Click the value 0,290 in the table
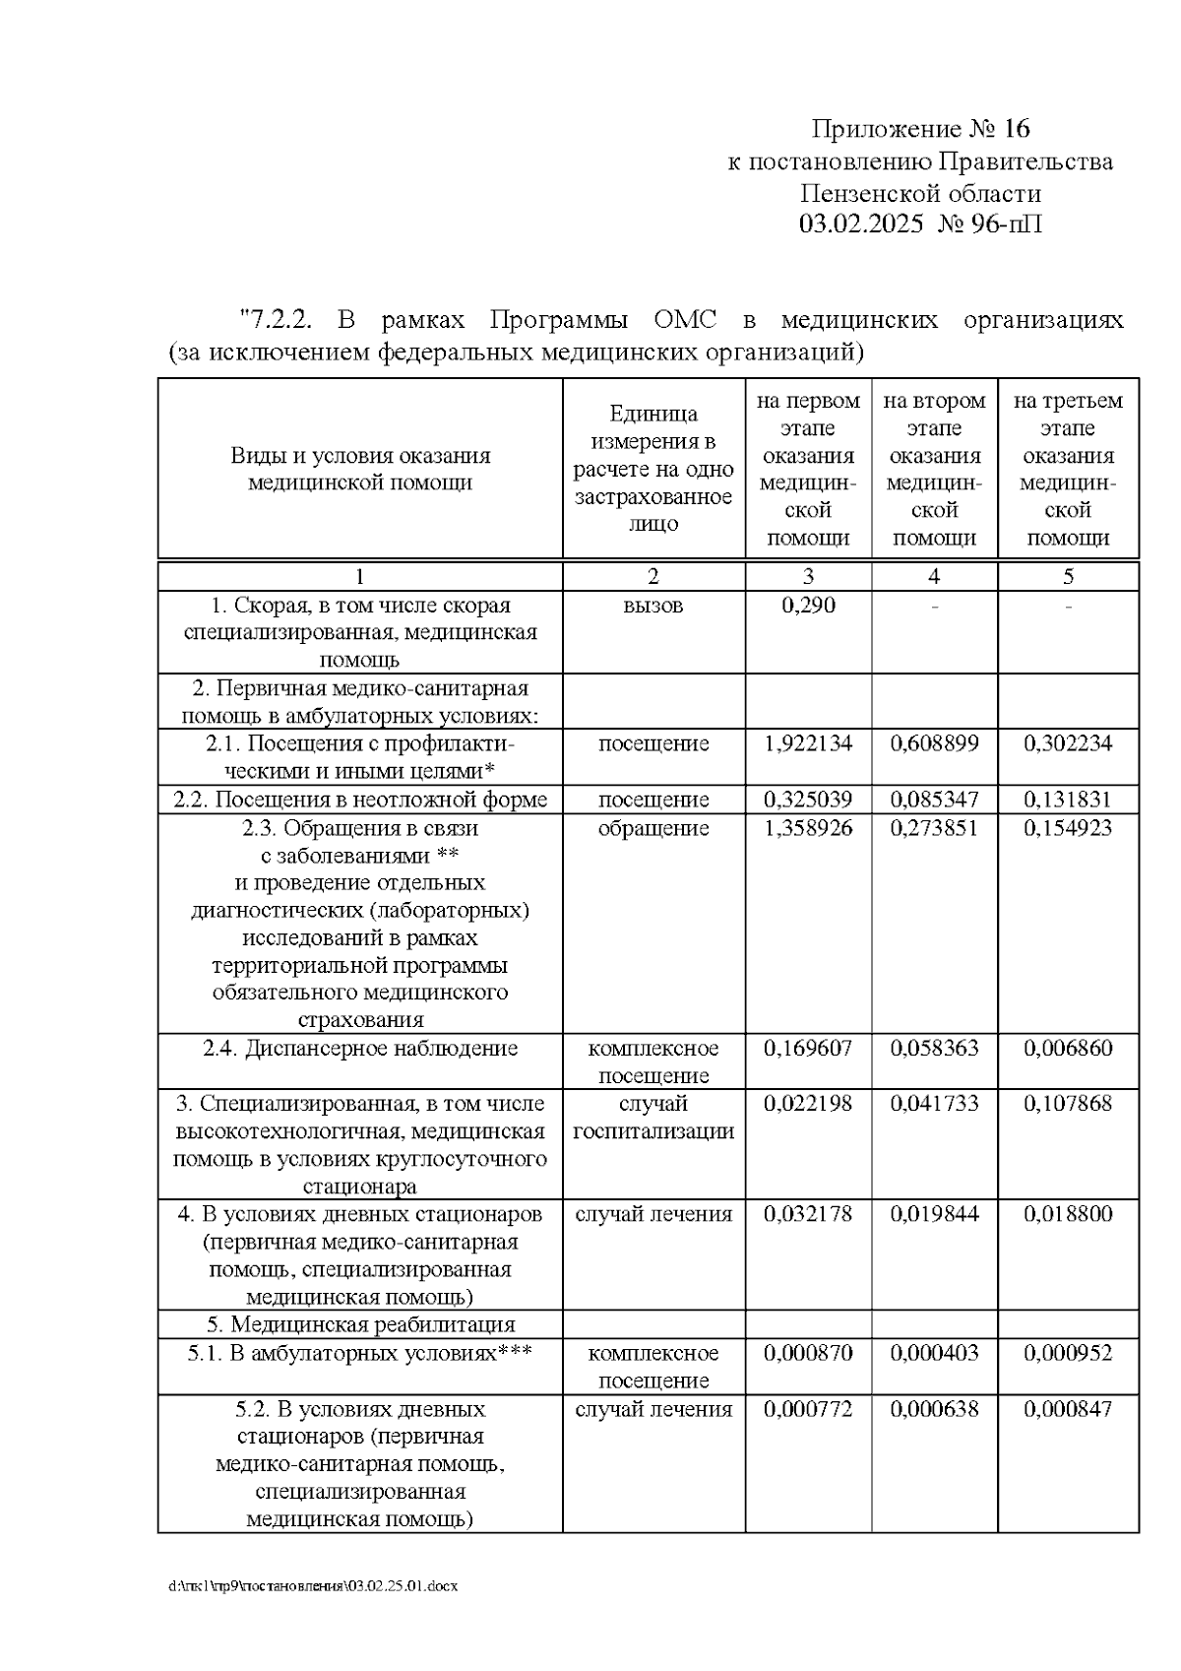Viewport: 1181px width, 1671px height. click(808, 606)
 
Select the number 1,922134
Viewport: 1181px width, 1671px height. click(808, 743)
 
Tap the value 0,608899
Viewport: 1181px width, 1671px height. click(934, 743)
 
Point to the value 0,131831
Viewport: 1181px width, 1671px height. click(1068, 800)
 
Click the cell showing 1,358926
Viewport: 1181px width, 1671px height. click(808, 828)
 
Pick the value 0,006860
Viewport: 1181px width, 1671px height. click(1068, 1049)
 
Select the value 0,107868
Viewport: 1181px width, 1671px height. click(1068, 1104)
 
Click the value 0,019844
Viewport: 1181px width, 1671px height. click(934, 1214)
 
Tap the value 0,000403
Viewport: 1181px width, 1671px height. click(934, 1354)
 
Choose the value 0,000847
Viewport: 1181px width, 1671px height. click(1068, 1409)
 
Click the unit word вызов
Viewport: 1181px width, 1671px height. click(653, 606)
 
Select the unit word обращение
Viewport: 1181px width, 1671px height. click(653, 828)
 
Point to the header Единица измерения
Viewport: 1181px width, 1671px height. click(653, 428)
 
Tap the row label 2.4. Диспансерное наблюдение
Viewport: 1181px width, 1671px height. click(360, 1049)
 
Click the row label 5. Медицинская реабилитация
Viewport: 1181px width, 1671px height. click(360, 1325)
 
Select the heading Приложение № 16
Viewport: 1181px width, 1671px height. click(920, 129)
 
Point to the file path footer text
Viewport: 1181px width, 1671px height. click(313, 1587)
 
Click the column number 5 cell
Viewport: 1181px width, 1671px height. click(1068, 577)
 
